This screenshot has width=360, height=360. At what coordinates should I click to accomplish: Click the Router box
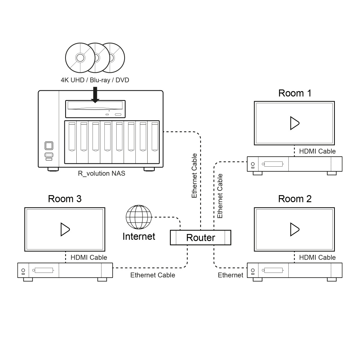tap(200, 238)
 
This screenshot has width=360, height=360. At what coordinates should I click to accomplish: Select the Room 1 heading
tap(295, 93)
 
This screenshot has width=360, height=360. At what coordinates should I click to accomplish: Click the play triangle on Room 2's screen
tap(294, 229)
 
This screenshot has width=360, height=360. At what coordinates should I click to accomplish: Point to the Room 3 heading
tap(65, 199)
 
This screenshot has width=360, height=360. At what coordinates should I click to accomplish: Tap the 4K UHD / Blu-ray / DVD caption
tap(95, 80)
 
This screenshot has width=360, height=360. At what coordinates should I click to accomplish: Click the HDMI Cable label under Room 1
tap(317, 152)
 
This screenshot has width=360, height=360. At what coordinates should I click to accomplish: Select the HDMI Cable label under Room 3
tap(89, 257)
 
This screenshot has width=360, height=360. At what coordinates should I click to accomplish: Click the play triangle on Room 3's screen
tap(64, 229)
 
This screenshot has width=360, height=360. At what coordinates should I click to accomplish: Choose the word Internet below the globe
tap(139, 237)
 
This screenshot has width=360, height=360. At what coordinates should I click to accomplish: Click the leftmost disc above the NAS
tap(80, 58)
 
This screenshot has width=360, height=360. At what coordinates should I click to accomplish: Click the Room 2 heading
tap(295, 199)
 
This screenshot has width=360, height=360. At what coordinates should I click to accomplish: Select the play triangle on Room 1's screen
tap(294, 123)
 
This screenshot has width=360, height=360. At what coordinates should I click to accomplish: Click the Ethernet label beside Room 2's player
tap(230, 275)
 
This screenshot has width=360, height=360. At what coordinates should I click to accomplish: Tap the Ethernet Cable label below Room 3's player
tap(153, 275)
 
